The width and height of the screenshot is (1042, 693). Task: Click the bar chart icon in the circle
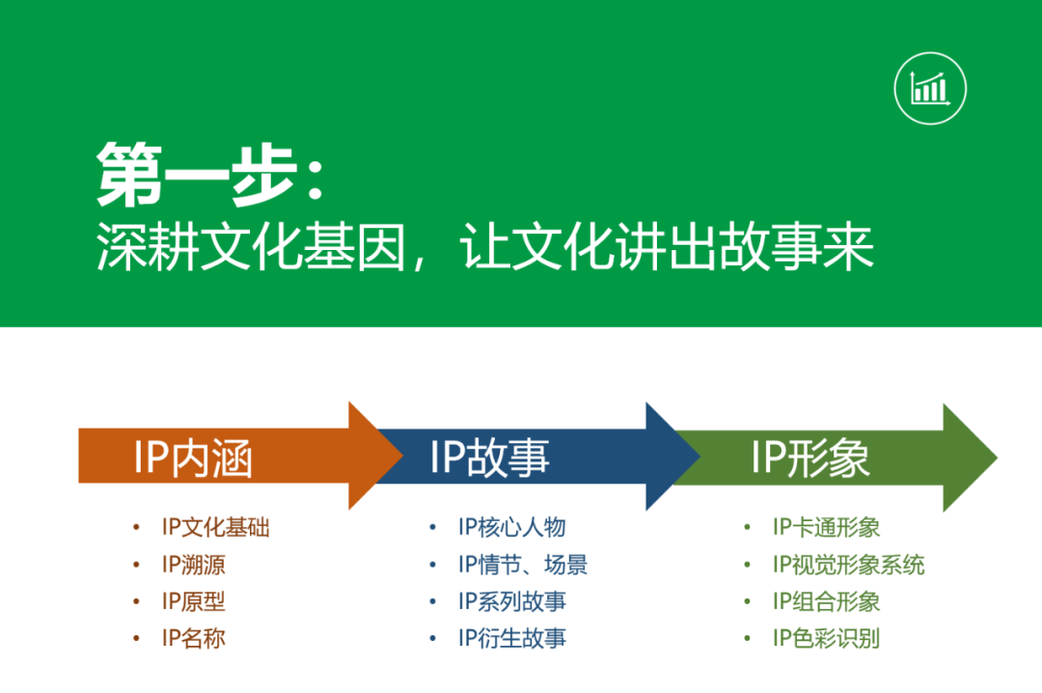[x=930, y=89]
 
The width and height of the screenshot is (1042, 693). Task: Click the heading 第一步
[x=210, y=175]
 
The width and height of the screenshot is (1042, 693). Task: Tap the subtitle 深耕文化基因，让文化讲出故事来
[x=484, y=247]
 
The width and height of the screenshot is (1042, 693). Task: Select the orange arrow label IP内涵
[x=193, y=458]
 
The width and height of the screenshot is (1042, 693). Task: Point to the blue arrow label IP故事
[x=489, y=457]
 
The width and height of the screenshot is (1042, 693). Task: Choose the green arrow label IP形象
[x=810, y=457]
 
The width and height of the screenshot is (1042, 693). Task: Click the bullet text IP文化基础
[x=215, y=527]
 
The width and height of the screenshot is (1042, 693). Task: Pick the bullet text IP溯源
[x=193, y=565]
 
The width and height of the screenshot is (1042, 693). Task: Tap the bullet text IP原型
[x=193, y=601]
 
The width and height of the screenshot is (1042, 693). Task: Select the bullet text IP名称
[x=193, y=638]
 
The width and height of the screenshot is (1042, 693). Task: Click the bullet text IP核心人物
[x=511, y=527]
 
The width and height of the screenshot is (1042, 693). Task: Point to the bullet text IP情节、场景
[x=523, y=565]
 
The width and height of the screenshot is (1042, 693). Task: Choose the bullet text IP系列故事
[x=511, y=601]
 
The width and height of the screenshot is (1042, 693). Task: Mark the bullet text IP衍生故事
[x=511, y=638]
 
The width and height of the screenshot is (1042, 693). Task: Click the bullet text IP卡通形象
[x=826, y=527]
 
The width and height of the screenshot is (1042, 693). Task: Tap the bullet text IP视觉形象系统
[x=848, y=565]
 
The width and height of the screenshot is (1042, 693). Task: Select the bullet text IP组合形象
[x=826, y=601]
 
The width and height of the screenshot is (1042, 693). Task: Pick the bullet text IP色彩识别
[x=826, y=638]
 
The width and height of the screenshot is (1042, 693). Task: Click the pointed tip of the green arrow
[x=997, y=457]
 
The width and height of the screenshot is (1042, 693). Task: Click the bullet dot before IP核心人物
[x=432, y=527]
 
